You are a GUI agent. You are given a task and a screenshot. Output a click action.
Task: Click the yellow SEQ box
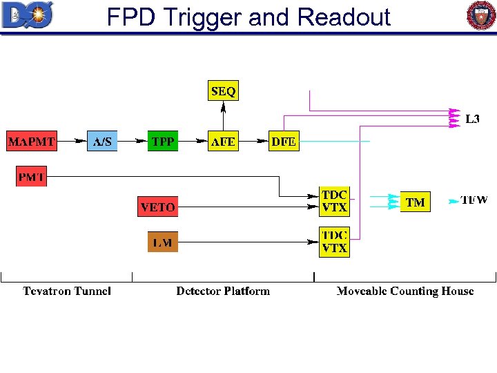[223, 91]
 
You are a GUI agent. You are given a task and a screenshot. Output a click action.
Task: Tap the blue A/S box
[102, 142]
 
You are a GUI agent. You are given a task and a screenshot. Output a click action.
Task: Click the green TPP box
[163, 142]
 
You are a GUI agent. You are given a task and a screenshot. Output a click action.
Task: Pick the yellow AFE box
[223, 142]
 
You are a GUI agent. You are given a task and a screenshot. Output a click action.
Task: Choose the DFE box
[284, 142]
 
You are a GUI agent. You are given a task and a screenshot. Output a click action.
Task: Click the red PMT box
[32, 177]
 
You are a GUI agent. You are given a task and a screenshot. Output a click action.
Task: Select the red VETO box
[157, 207]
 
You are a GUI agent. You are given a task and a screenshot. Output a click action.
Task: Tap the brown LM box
[163, 242]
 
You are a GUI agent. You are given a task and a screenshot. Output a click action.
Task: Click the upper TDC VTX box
[334, 200]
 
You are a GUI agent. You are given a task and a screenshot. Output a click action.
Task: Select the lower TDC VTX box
[334, 242]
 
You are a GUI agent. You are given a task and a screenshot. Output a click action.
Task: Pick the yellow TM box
[415, 202]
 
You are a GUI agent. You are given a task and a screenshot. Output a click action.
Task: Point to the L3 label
[472, 119]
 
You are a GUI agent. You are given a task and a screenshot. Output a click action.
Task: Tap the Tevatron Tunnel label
[66, 291]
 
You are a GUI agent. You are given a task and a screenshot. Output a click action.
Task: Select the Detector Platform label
[223, 291]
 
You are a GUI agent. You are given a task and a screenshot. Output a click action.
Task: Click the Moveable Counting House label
[405, 291]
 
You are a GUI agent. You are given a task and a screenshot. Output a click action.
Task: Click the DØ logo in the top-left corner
[27, 15]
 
